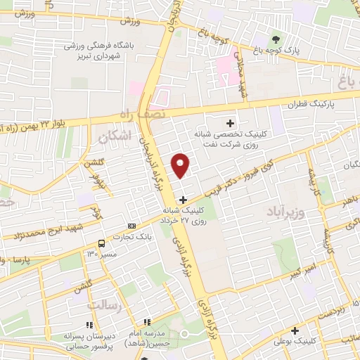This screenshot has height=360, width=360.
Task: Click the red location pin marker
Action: point(181,165)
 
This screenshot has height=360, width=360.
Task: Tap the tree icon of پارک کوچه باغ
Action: point(275,39)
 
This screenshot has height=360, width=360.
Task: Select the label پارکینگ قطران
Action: point(312,105)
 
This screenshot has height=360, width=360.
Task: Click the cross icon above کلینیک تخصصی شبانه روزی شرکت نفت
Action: point(230,123)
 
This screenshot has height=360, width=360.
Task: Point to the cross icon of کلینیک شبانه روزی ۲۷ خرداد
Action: point(184,200)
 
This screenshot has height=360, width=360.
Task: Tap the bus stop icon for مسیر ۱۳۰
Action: point(102,243)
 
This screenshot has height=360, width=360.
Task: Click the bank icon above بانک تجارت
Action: point(129,226)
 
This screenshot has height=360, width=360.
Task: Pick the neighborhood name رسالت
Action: point(103,306)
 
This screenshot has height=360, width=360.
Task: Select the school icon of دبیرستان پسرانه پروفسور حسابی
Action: point(88,325)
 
